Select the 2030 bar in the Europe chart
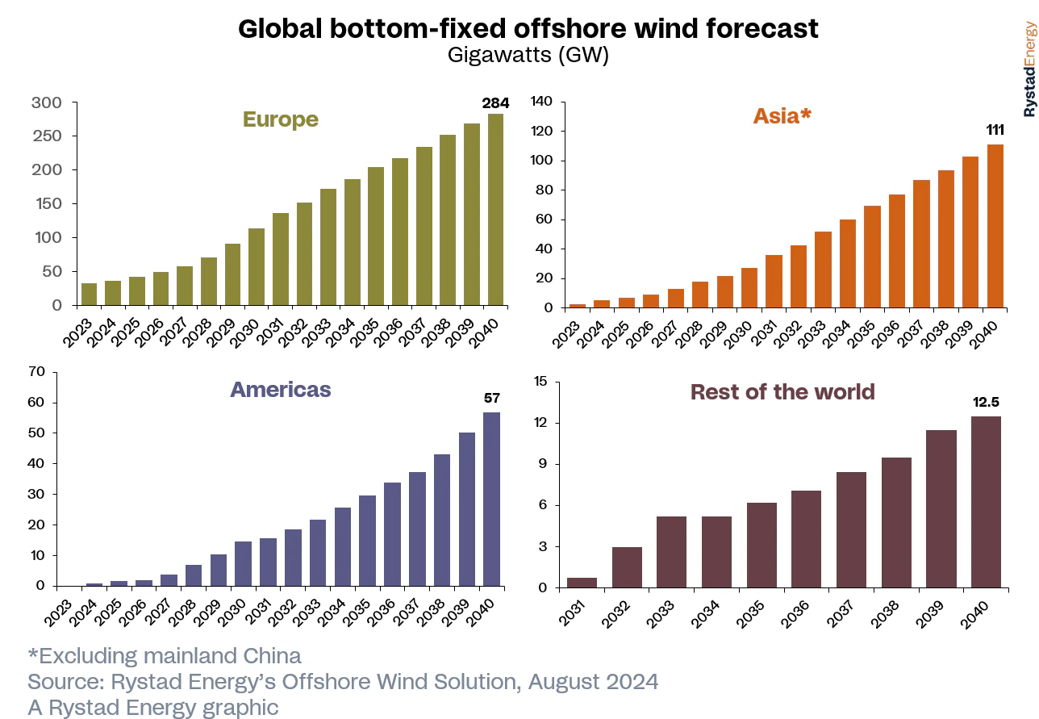[x=257, y=267]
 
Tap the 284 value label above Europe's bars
[x=495, y=103]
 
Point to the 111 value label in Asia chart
[x=995, y=130]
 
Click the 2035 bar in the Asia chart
[x=871, y=257]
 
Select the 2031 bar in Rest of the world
[x=582, y=583]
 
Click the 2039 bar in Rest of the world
[x=941, y=508]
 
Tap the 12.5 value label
[x=985, y=402]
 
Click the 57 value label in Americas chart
[x=491, y=398]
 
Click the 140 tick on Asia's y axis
[x=540, y=102]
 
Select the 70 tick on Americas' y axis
[x=36, y=372]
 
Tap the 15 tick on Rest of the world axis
[x=541, y=382]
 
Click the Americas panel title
[x=281, y=390]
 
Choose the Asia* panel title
[x=782, y=116]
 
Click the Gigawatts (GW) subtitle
[x=528, y=55]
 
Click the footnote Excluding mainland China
[x=165, y=655]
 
